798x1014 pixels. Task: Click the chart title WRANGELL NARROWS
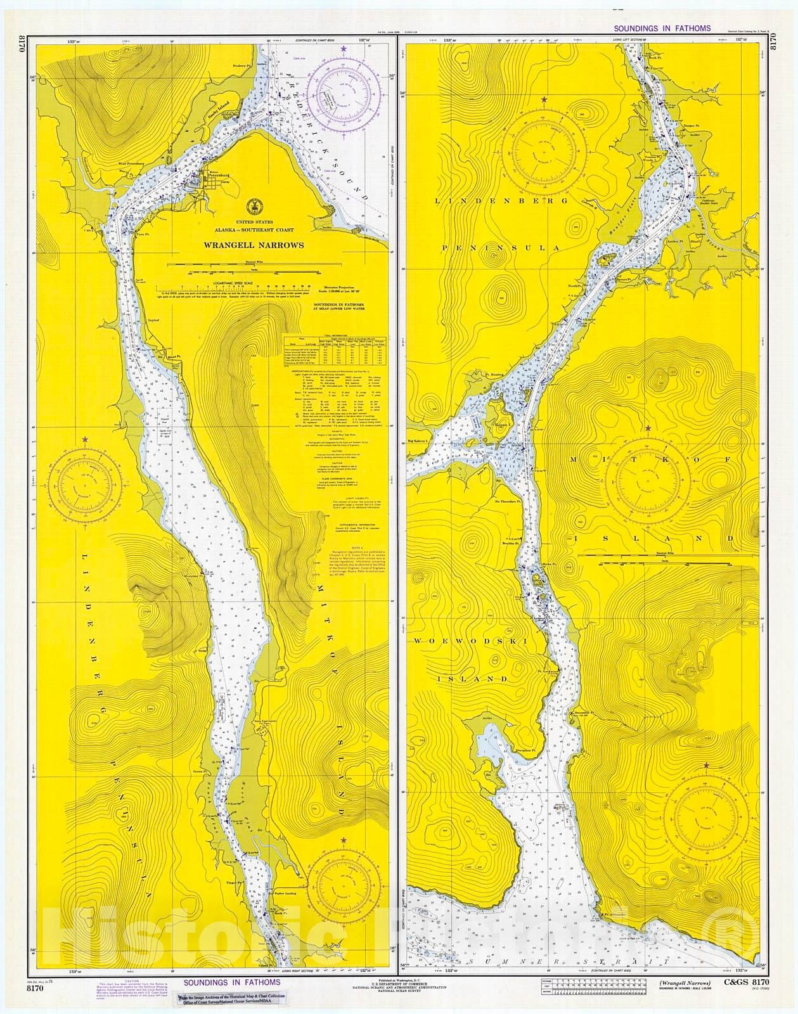tap(254, 245)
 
